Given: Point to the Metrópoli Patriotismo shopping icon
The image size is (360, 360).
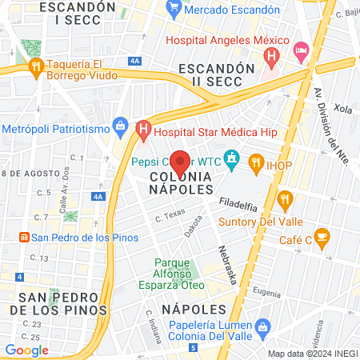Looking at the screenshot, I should pos(121,125).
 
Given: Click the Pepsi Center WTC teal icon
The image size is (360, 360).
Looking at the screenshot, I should pos(232,160).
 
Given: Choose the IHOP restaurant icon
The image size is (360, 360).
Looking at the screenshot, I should pos(256,163).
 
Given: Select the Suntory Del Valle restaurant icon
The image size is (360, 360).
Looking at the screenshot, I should pos(284,199).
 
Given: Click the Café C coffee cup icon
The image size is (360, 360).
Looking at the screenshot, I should pos(322,236).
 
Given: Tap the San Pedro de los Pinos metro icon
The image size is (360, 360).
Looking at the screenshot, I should pos(24,238).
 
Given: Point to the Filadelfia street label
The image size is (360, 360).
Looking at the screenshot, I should pos(239,201).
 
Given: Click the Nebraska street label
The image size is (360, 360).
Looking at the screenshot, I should pos(227,265).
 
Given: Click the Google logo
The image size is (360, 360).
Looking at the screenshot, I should pos(26,350).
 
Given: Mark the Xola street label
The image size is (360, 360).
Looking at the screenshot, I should pos(342,107).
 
